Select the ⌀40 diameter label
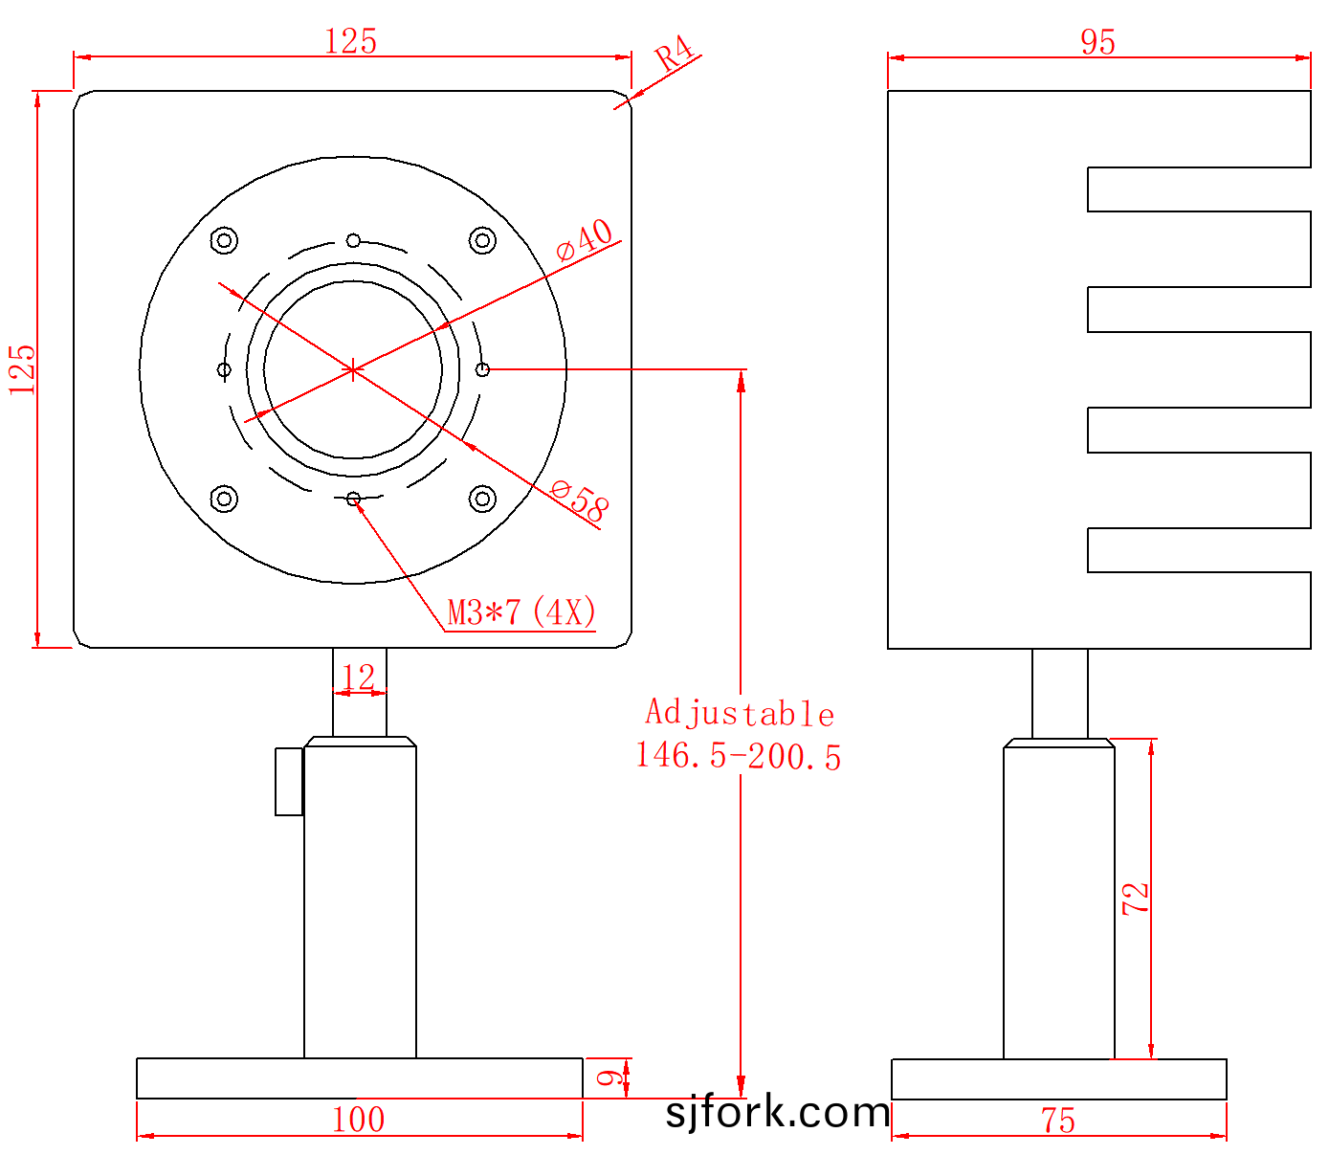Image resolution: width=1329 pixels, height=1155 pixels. tap(584, 239)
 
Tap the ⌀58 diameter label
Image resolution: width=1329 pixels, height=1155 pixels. tap(580, 500)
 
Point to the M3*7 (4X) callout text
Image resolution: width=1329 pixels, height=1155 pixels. tap(521, 611)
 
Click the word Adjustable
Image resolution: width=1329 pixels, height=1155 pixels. tap(740, 713)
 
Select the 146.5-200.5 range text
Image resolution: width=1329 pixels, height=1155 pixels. tap(739, 756)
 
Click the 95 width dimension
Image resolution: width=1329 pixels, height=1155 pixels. tap(1097, 42)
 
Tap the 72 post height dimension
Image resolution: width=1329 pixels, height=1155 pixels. tap(1136, 899)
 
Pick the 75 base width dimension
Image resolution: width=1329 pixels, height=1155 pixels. tap(1058, 1120)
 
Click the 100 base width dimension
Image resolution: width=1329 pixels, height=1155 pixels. tap(358, 1120)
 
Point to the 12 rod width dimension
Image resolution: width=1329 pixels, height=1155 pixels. tap(358, 677)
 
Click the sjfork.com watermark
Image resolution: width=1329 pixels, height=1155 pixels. tap(778, 1112)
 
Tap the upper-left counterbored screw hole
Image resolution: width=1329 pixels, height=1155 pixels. tap(224, 240)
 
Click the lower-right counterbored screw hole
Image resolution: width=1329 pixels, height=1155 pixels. tap(482, 499)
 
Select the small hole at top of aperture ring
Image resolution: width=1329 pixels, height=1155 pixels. tap(353, 240)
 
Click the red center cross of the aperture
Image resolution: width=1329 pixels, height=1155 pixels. tap(353, 370)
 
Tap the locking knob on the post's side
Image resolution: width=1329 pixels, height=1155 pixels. tap(289, 782)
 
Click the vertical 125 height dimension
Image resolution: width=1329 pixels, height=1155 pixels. tap(22, 369)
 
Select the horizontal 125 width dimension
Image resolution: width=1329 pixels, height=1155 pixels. tap(351, 41)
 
